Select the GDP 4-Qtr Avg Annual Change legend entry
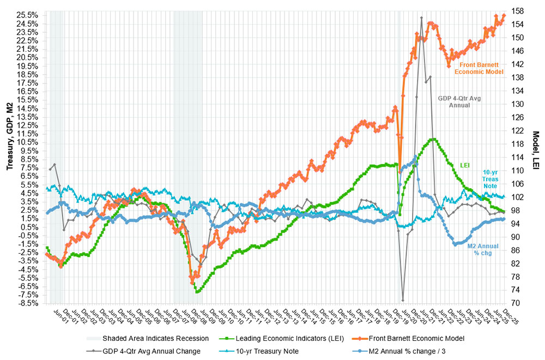click(152, 350)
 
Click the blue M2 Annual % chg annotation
click(482, 249)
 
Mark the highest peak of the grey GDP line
click(421, 17)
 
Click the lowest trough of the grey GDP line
click(403, 300)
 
